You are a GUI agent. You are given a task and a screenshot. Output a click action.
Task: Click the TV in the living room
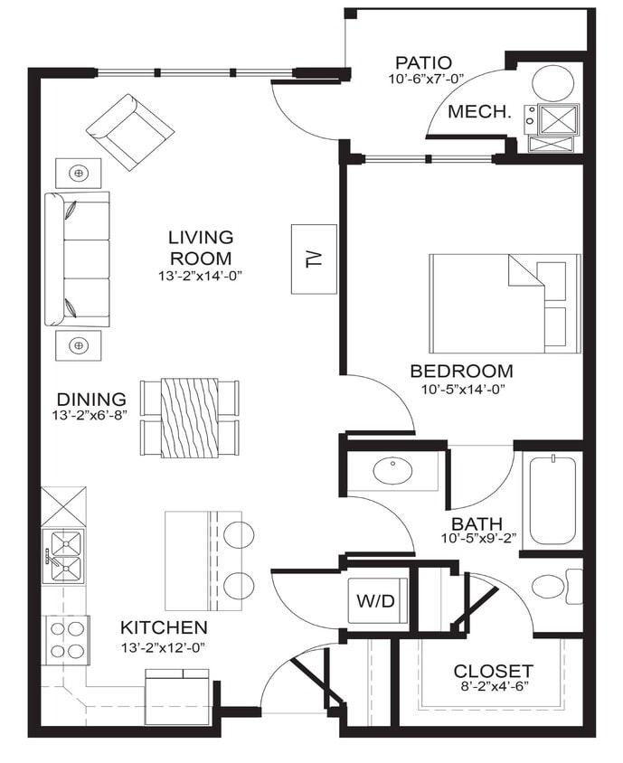coord(314,258)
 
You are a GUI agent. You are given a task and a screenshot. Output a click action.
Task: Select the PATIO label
coord(423,63)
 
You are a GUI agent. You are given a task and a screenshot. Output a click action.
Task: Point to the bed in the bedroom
coord(504,303)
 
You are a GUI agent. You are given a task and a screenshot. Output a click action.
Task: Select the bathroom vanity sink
coord(392,471)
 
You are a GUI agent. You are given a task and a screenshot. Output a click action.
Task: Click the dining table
coord(189,417)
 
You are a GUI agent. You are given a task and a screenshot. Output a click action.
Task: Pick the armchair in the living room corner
coord(129,131)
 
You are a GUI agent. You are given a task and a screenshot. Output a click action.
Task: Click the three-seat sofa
coord(77,259)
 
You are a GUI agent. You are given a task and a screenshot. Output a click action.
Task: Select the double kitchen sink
coord(65,556)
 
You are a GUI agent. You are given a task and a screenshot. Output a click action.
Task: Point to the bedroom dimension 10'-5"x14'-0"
coord(461,390)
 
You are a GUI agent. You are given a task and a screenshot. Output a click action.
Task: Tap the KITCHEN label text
coord(164,626)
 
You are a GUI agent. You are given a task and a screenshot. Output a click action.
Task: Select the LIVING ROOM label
coord(201,247)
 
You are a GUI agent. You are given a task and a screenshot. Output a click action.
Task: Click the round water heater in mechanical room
coord(552,83)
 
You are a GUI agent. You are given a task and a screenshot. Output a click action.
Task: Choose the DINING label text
coord(90,399)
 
